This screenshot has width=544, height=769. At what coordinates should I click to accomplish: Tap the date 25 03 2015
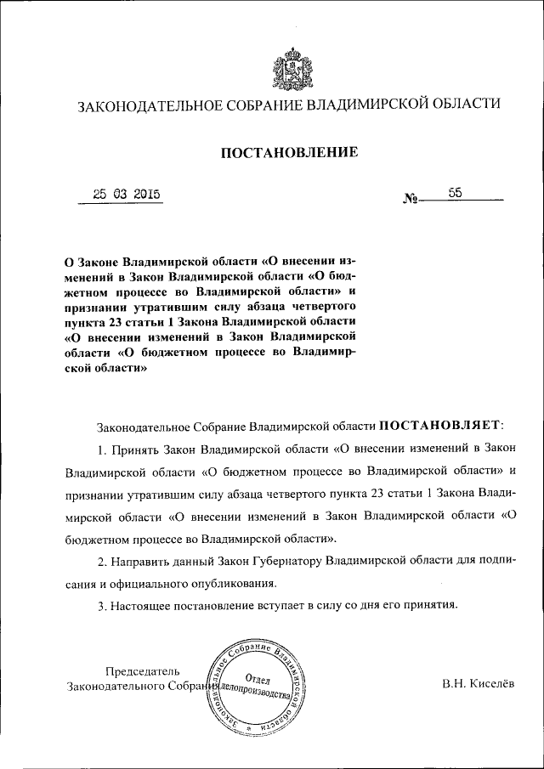127,194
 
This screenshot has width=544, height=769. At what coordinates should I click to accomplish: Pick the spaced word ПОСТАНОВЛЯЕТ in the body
440,423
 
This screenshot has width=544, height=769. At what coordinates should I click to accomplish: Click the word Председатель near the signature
144,670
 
